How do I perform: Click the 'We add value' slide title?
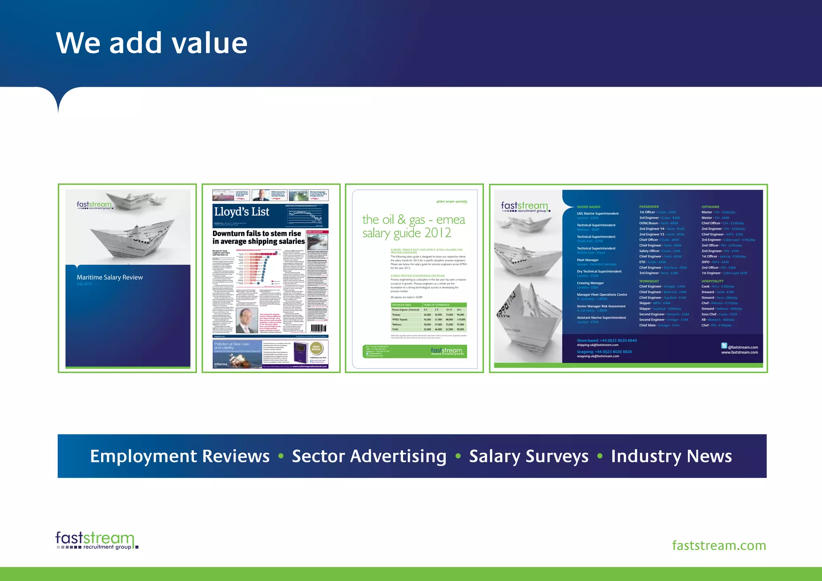tap(152, 43)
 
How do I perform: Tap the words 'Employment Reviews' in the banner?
tap(180, 456)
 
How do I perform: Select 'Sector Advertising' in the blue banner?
tap(369, 456)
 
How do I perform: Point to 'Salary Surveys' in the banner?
tap(529, 456)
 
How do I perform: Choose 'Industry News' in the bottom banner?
tap(671, 456)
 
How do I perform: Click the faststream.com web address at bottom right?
tap(719, 546)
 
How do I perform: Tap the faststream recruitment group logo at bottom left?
tap(96, 540)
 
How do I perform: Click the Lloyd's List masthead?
tap(242, 212)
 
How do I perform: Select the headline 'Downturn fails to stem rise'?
tap(257, 234)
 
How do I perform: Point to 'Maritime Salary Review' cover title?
tap(110, 277)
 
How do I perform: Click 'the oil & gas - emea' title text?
tap(413, 219)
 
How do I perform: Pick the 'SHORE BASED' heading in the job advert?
tap(588, 207)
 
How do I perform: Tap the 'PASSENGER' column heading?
tap(649, 207)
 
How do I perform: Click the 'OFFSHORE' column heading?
tap(710, 207)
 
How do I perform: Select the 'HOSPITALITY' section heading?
tap(712, 281)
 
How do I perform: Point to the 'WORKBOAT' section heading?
tap(649, 281)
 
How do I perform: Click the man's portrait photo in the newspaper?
tap(246, 321)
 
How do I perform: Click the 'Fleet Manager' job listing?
tap(588, 260)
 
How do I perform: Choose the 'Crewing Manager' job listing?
tap(590, 283)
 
